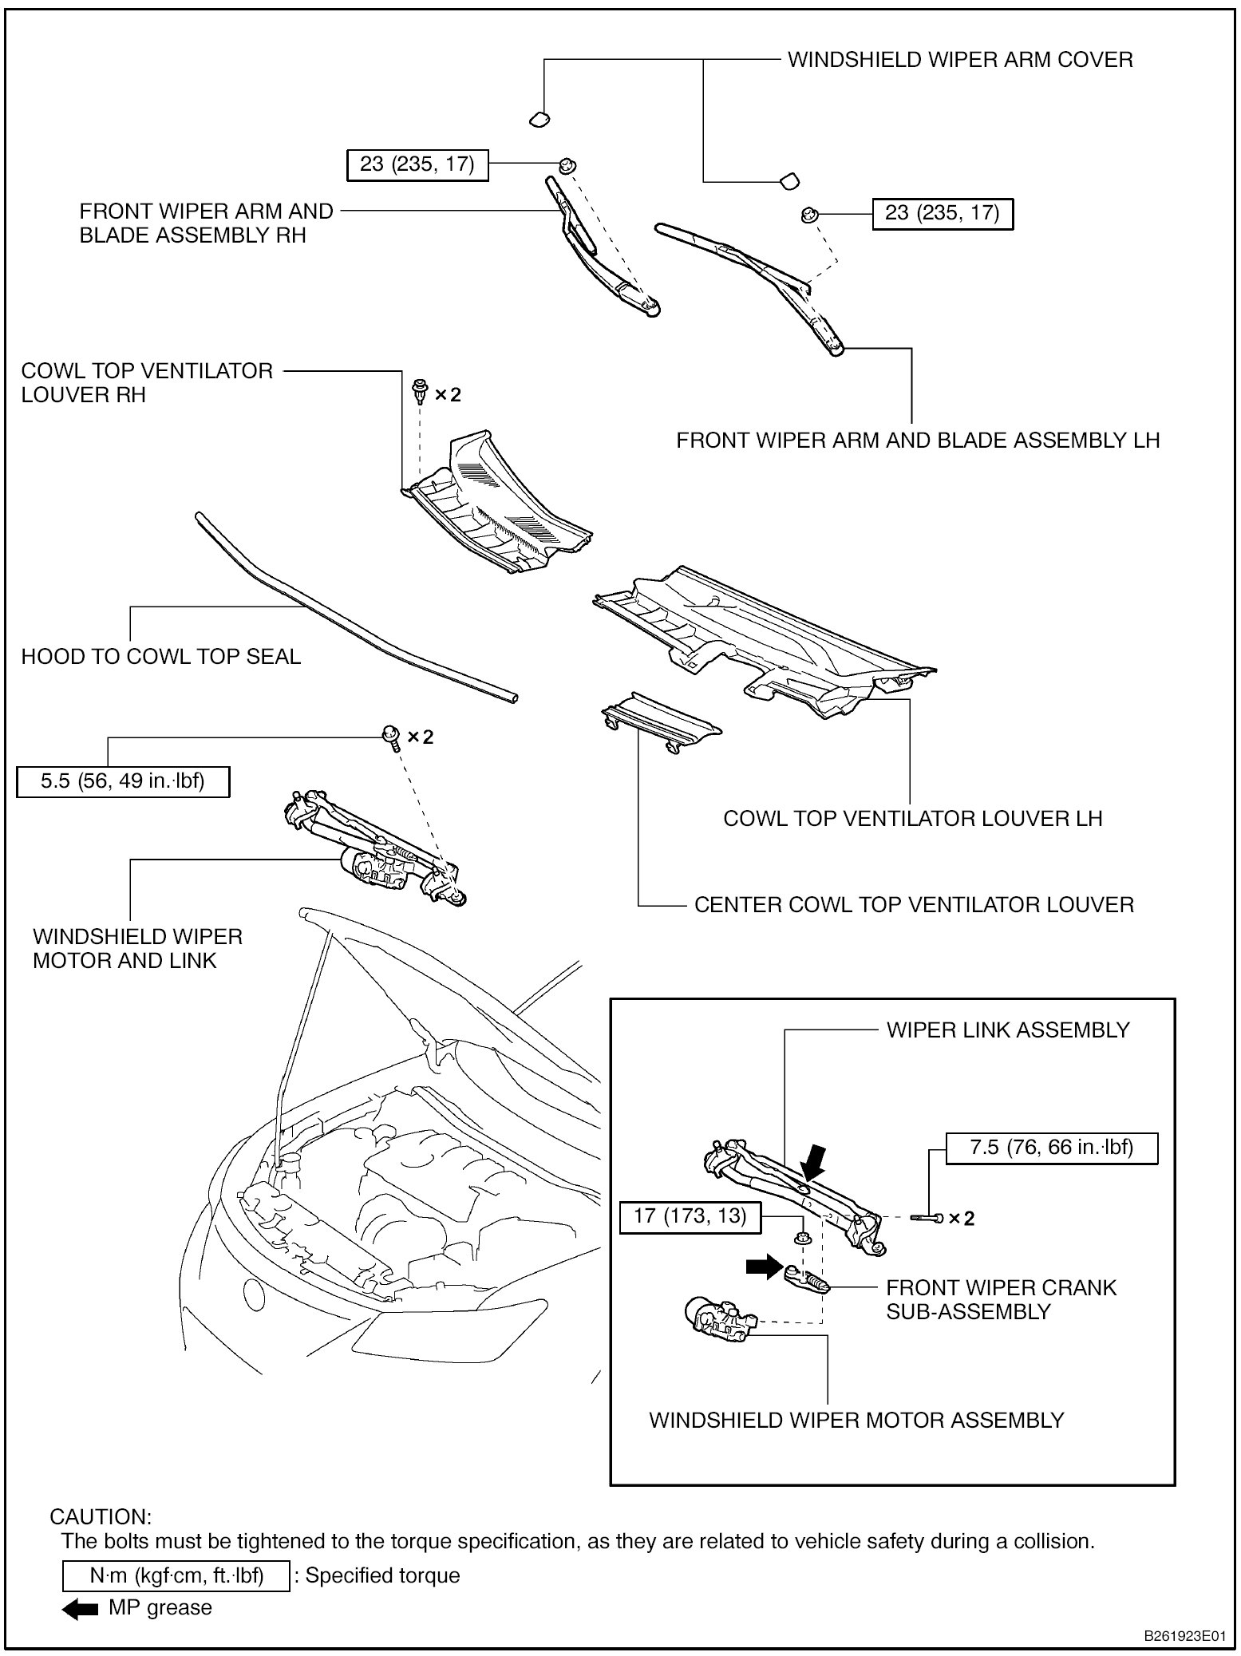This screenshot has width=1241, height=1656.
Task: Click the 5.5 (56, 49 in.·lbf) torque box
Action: (123, 781)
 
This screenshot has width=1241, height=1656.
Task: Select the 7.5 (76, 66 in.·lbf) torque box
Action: (1051, 1148)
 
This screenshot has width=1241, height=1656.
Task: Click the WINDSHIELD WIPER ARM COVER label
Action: (960, 60)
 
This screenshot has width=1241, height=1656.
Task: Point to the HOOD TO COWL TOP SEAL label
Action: (160, 657)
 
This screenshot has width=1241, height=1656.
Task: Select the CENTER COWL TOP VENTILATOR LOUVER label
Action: (914, 905)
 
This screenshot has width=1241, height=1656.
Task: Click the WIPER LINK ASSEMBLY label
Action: (1008, 1030)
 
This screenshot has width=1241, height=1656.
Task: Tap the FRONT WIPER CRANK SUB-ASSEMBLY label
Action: (1001, 1299)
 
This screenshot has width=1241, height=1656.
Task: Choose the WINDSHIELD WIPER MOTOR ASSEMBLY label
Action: (856, 1421)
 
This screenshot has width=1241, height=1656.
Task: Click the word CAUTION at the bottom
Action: (101, 1516)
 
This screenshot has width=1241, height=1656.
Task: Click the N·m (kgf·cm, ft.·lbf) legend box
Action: (176, 1576)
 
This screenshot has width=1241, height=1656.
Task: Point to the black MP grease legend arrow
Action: (80, 1607)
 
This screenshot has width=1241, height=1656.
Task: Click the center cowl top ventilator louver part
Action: (661, 720)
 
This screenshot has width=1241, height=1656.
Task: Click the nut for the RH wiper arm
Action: (567, 165)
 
